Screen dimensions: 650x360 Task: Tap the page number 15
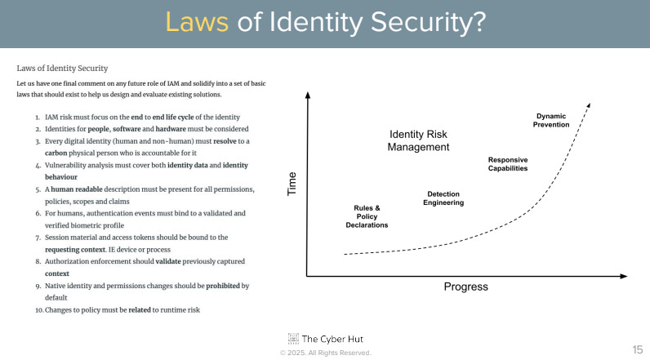coord(637,349)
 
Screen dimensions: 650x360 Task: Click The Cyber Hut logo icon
coord(293,338)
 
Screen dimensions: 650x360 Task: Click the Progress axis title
coord(465,287)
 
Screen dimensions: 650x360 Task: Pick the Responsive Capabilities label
coord(508,163)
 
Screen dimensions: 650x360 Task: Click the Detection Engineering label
coord(443,198)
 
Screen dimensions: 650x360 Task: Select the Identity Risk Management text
coord(418,140)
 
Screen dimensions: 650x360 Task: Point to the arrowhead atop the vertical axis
coord(308,95)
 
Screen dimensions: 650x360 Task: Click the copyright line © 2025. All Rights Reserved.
coord(325,353)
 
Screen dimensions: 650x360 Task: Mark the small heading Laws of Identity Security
coord(62,68)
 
